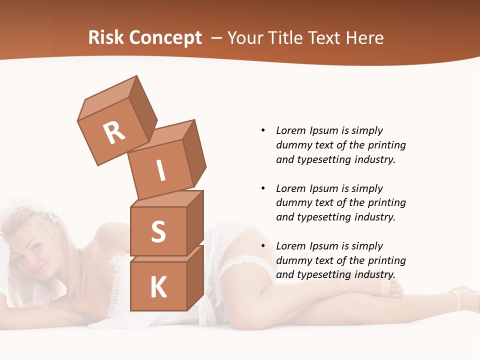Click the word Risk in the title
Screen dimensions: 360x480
(106, 38)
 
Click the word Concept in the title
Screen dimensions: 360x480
(166, 38)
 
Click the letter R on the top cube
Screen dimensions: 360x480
(114, 132)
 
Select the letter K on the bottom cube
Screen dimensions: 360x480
(158, 287)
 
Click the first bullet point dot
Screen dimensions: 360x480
(263, 130)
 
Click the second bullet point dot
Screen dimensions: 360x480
(263, 188)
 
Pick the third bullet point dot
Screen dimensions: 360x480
(263, 246)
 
